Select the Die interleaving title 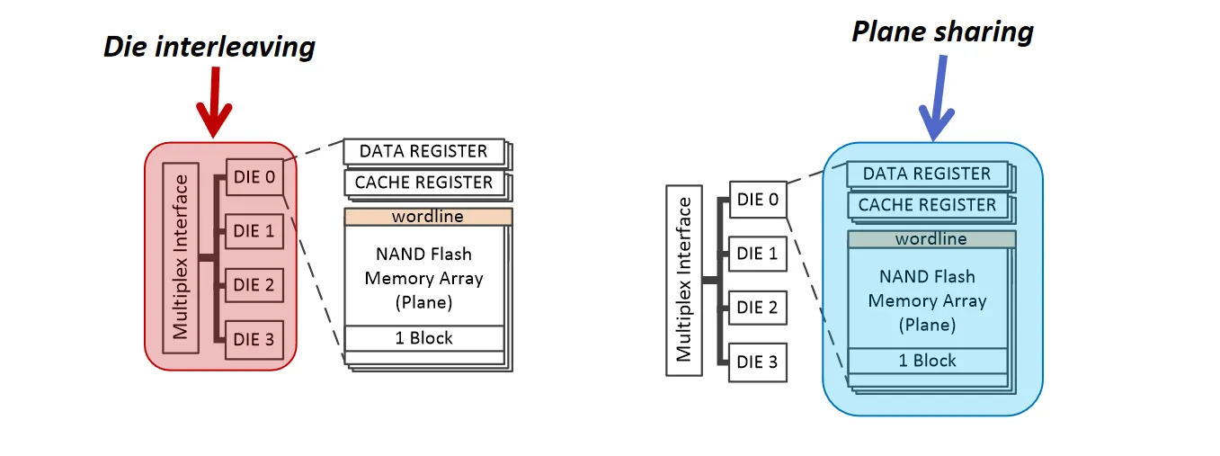209,47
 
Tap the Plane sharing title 942,32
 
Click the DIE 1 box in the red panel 254,231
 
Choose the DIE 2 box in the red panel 254,285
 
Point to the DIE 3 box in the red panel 254,339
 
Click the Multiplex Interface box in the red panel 181,258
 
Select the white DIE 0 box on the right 757,200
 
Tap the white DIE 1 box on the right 757,254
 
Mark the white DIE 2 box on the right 757,308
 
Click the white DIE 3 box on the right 757,362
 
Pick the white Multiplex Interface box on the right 684,280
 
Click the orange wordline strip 428,217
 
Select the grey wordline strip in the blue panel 931,239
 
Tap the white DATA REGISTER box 423,151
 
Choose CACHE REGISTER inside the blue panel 927,205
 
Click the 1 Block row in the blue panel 927,361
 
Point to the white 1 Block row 423,338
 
